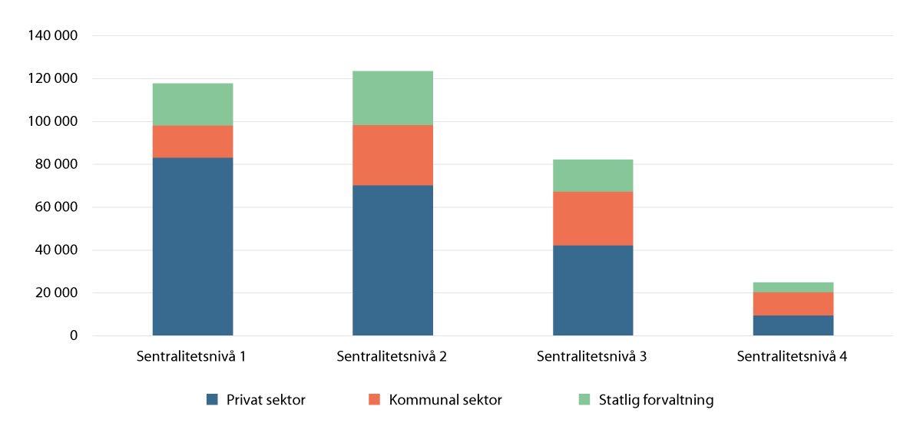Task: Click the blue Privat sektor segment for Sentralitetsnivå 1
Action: (193, 246)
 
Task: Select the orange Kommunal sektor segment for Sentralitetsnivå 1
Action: (193, 141)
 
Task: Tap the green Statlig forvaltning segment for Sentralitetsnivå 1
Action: (193, 104)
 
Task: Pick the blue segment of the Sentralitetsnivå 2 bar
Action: (392, 260)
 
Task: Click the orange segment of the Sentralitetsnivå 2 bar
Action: (392, 155)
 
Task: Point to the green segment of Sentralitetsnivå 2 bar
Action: (392, 98)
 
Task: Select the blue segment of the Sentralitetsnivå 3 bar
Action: (593, 290)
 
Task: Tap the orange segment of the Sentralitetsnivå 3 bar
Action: (593, 218)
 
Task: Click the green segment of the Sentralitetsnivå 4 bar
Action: (793, 287)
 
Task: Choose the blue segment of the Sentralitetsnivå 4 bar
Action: (793, 325)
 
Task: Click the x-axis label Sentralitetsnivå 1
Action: (192, 356)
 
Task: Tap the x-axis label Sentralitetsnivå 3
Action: (592, 356)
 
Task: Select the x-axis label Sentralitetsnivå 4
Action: (793, 356)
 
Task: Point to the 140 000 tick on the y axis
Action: (52, 36)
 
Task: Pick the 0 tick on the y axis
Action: (74, 336)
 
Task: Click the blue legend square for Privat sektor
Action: (213, 399)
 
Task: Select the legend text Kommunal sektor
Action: (445, 400)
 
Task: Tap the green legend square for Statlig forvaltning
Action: (584, 399)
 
